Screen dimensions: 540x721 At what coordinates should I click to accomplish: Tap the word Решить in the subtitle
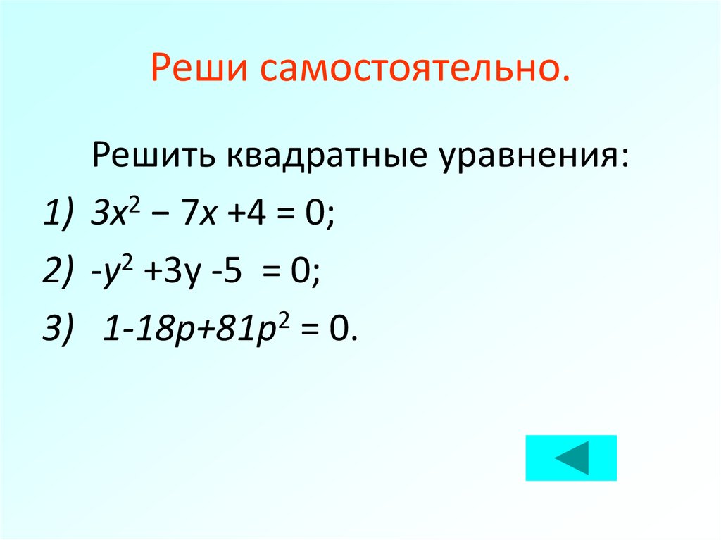(x=149, y=153)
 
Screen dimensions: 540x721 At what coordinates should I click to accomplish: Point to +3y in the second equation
(x=161, y=269)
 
